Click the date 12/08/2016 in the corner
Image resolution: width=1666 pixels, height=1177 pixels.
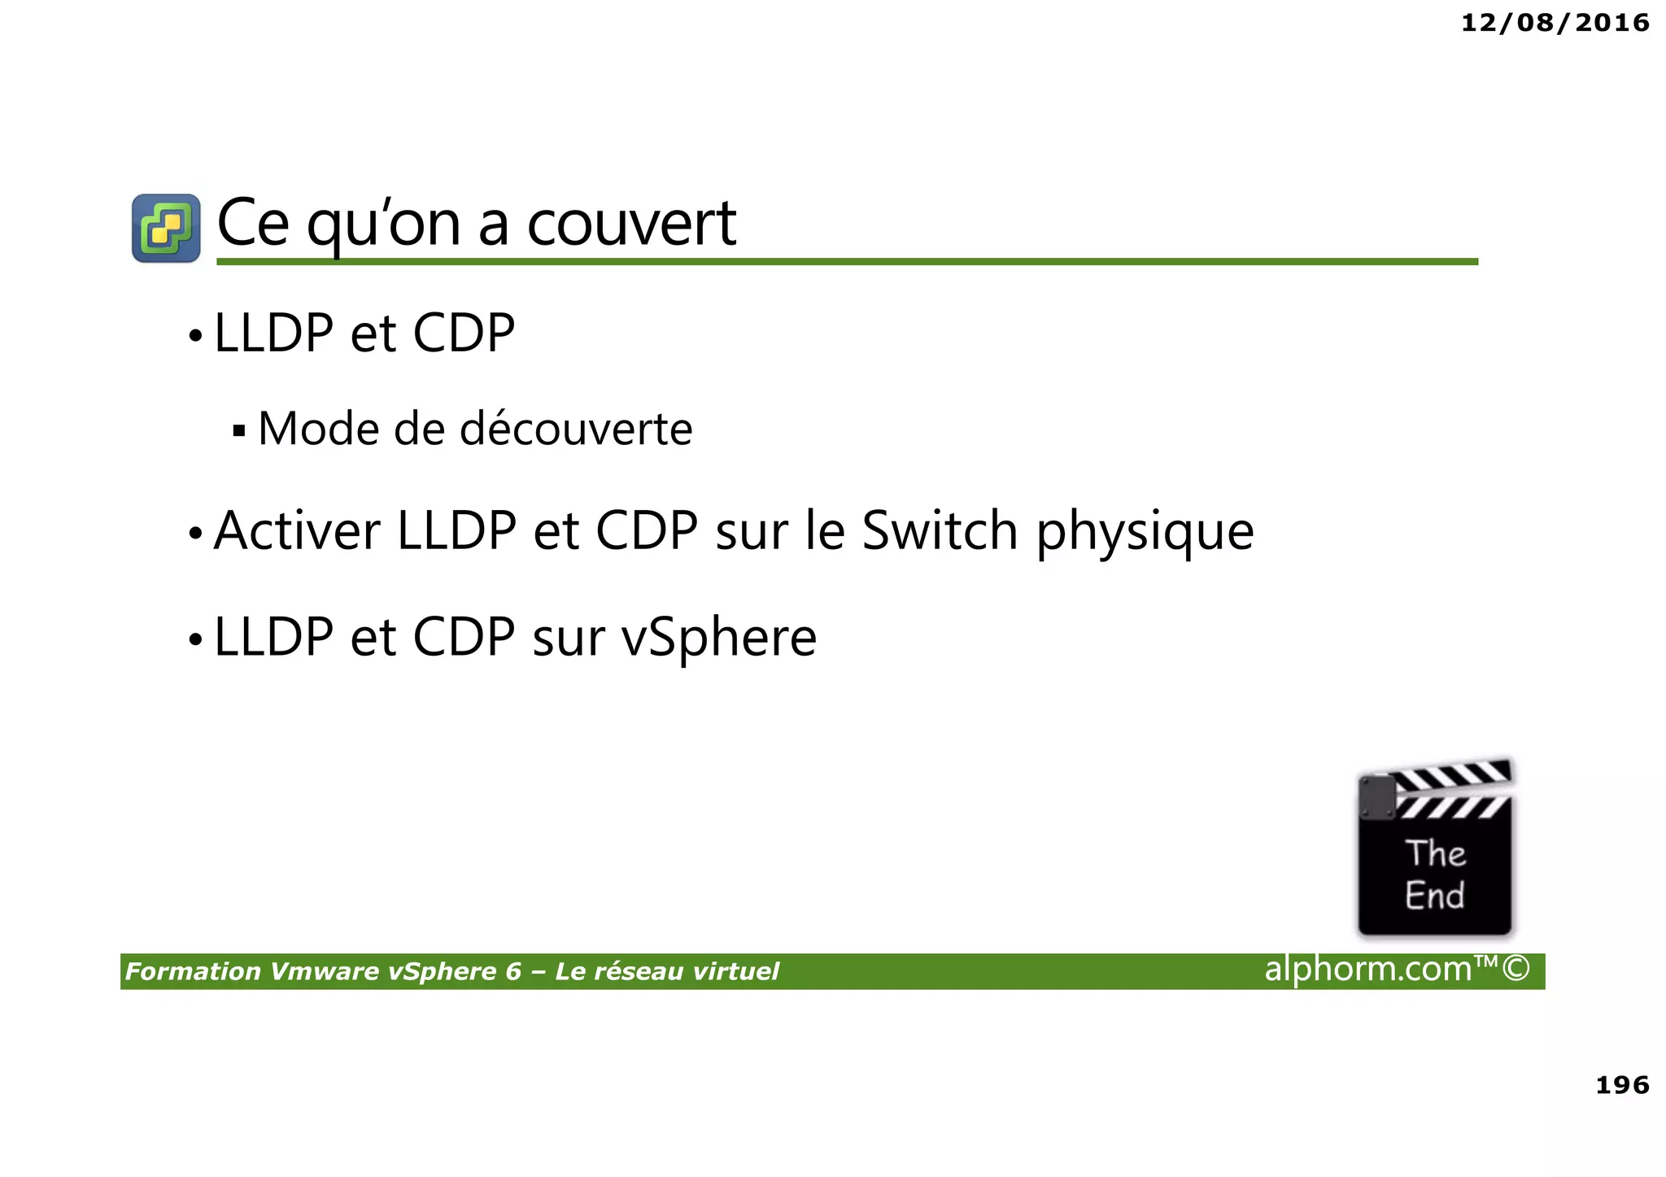(1555, 23)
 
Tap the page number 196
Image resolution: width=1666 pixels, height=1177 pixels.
(1622, 1084)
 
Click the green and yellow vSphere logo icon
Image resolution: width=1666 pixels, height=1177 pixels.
(166, 228)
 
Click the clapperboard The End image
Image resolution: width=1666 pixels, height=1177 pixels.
(1435, 850)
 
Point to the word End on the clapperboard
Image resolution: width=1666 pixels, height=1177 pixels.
(1434, 896)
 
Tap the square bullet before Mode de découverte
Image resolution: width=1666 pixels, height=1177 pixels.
(238, 431)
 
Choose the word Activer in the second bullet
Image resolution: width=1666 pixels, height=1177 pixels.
(297, 531)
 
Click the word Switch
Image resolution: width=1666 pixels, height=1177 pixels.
(940, 531)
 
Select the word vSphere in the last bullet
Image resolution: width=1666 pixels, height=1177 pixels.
(719, 638)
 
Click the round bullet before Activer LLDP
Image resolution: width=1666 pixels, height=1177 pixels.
(195, 534)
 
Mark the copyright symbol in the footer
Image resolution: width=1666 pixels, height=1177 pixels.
(1516, 969)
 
